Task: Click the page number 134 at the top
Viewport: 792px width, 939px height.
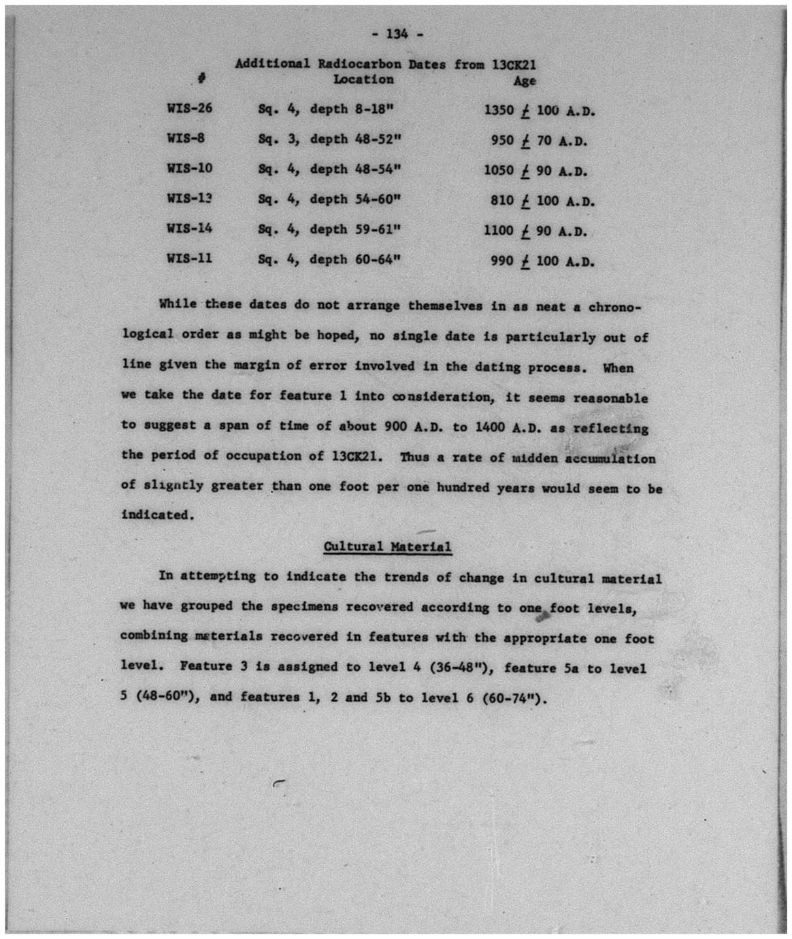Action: pos(397,33)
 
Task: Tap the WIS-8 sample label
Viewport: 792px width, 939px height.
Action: pos(186,137)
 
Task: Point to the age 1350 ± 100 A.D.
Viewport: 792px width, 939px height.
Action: pos(540,110)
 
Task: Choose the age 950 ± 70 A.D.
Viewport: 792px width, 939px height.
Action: pos(539,141)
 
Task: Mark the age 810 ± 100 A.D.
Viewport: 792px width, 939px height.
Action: pos(542,201)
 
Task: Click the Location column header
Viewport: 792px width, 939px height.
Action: pos(363,80)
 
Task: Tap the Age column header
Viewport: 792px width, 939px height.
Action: pos(525,80)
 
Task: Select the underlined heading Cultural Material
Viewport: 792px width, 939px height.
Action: pos(387,546)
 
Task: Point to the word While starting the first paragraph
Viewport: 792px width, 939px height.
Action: pos(178,304)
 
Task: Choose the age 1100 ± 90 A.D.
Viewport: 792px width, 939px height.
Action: pos(535,231)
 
